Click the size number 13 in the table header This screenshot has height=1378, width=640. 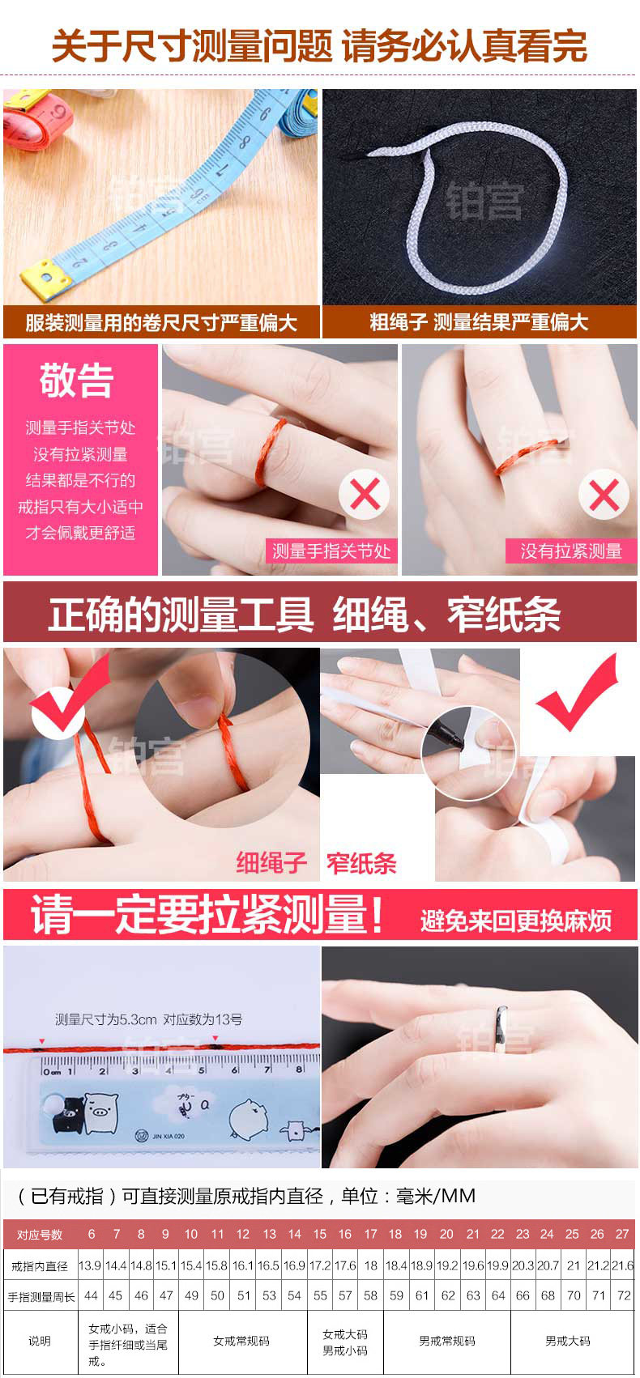click(269, 1234)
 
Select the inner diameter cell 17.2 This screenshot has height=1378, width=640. click(320, 1265)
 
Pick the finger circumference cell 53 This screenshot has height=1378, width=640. click(269, 1295)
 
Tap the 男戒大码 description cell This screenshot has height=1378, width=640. click(567, 1341)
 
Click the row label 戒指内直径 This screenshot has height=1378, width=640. click(40, 1266)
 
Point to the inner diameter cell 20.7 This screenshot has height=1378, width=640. click(548, 1265)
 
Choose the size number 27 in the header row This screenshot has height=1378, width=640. click(622, 1234)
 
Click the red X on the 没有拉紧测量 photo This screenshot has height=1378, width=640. click(604, 495)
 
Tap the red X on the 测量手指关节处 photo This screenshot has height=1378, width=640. click(365, 495)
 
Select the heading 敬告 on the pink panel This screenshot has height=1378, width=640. click(76, 381)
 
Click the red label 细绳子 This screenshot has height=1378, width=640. click(271, 862)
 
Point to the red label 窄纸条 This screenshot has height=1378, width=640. click(361, 862)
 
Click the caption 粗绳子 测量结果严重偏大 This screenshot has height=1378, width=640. click(479, 321)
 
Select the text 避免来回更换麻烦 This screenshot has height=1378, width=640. click(516, 921)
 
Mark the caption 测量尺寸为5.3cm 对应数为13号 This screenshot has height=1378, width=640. click(148, 1019)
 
